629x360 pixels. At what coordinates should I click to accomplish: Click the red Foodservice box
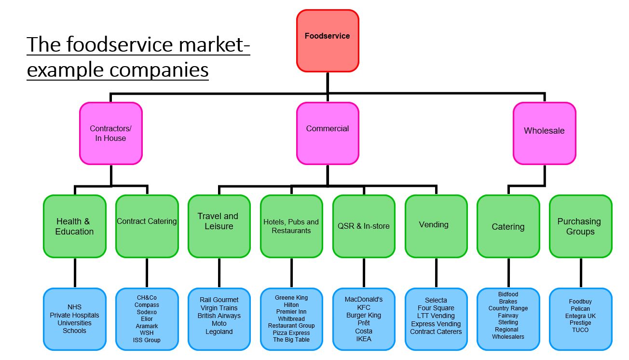[x=328, y=41]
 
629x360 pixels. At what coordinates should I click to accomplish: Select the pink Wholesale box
[x=544, y=133]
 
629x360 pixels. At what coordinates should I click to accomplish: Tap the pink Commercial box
[x=328, y=133]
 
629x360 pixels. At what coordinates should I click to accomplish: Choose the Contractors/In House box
[x=110, y=133]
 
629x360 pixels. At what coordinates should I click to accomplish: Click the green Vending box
[x=436, y=226]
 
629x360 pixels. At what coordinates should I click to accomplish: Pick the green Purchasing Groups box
[x=580, y=226]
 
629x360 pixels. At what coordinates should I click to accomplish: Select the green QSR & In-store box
[x=364, y=226]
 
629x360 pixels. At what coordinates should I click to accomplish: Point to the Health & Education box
[x=74, y=226]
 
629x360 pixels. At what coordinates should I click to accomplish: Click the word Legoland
[x=219, y=332]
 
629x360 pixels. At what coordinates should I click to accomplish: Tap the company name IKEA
[x=364, y=339]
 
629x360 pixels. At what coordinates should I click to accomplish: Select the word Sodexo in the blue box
[x=147, y=312]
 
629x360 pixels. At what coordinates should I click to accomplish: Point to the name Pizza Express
[x=291, y=332]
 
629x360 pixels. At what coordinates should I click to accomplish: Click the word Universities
[x=74, y=323]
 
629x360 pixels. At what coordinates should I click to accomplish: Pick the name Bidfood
[x=508, y=294]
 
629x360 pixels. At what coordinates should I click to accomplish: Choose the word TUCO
[x=580, y=330]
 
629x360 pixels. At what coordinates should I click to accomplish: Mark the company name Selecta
[x=436, y=300]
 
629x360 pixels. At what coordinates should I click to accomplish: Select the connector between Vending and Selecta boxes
[x=436, y=273]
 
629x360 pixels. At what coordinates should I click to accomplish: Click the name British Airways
[x=219, y=316]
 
